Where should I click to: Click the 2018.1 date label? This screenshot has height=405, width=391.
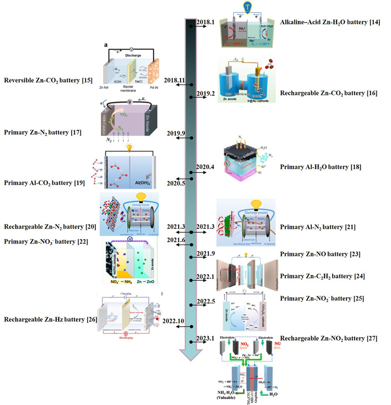point(204,22)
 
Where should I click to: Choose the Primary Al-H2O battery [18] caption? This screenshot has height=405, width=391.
point(321,167)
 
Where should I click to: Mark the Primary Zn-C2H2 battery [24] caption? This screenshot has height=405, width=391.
point(321,276)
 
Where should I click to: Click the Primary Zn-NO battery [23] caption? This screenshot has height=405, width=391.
point(318,254)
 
